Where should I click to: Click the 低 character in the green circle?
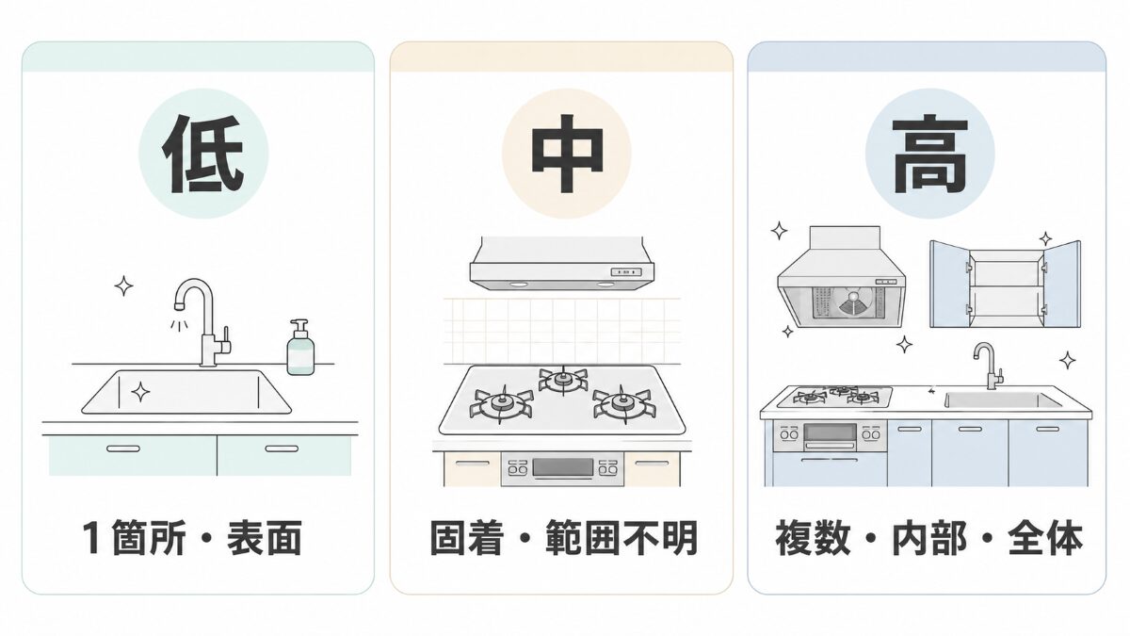(202, 154)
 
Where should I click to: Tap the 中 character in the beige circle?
(567, 154)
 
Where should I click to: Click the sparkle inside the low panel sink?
(140, 392)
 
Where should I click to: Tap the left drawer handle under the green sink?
(123, 448)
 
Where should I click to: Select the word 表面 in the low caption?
(265, 538)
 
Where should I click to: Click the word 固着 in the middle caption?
(467, 538)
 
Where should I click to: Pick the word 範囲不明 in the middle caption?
(621, 538)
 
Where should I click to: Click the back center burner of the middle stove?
(563, 380)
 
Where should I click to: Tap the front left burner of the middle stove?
(501, 405)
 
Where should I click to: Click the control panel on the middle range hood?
(626, 272)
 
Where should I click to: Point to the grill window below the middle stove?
(563, 467)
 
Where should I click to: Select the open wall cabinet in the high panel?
(1006, 284)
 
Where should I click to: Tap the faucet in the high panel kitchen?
(988, 366)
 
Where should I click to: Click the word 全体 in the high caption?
(1046, 538)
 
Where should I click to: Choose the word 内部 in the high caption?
(929, 538)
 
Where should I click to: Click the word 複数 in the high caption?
(813, 538)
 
